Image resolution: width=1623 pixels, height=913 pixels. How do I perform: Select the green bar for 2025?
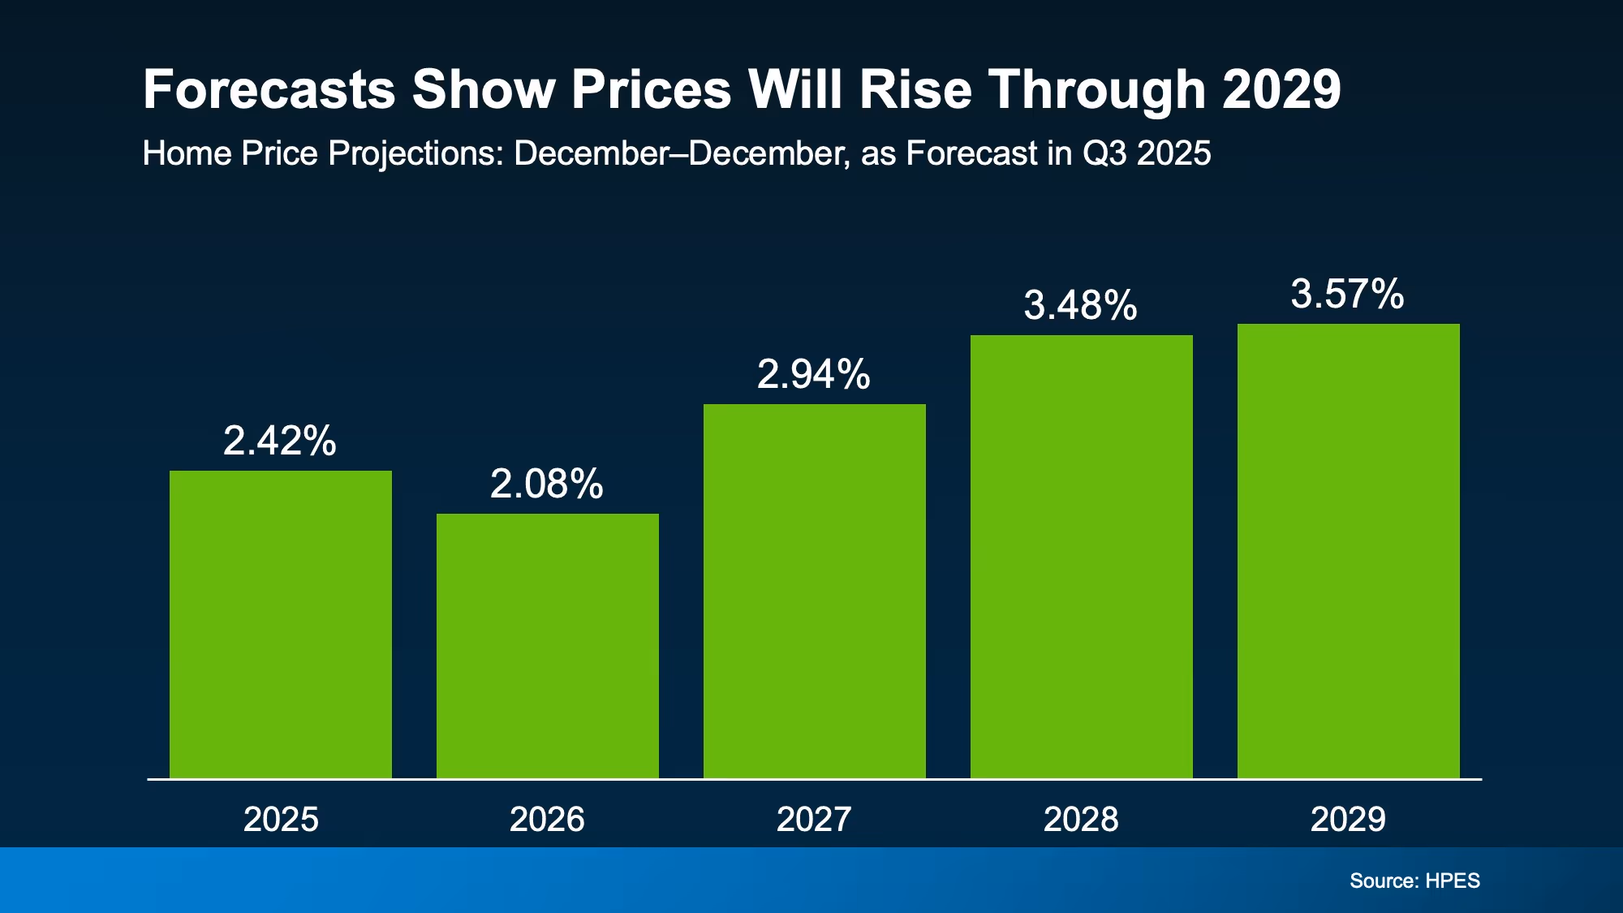[x=281, y=625]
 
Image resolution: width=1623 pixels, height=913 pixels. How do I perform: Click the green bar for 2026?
[x=548, y=646]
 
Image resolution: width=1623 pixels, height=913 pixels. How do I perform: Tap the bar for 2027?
[x=815, y=591]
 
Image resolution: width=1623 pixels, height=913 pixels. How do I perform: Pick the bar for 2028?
[x=1082, y=557]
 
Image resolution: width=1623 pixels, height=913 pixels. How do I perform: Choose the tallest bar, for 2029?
[x=1349, y=551]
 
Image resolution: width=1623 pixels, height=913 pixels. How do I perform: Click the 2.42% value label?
[x=280, y=441]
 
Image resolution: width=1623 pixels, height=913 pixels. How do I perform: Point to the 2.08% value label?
[x=547, y=484]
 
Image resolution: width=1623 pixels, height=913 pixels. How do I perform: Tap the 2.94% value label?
[x=814, y=375]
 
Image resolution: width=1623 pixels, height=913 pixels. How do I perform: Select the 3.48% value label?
[x=1081, y=306]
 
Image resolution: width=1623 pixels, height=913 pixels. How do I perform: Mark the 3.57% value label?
[x=1348, y=295]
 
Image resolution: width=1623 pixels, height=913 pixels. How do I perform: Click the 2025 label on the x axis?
[x=281, y=820]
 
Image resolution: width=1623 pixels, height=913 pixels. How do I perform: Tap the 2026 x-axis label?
[x=547, y=820]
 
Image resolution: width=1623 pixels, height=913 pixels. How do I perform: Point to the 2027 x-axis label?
[x=814, y=820]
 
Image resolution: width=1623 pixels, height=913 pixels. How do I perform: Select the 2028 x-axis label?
[x=1081, y=820]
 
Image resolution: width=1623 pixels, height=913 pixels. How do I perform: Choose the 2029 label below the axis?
[x=1348, y=820]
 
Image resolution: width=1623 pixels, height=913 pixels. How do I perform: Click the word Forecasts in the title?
[x=269, y=89]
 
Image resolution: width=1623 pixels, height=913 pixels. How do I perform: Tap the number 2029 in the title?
[x=1281, y=89]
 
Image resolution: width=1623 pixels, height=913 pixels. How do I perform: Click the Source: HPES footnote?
[x=1414, y=881]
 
